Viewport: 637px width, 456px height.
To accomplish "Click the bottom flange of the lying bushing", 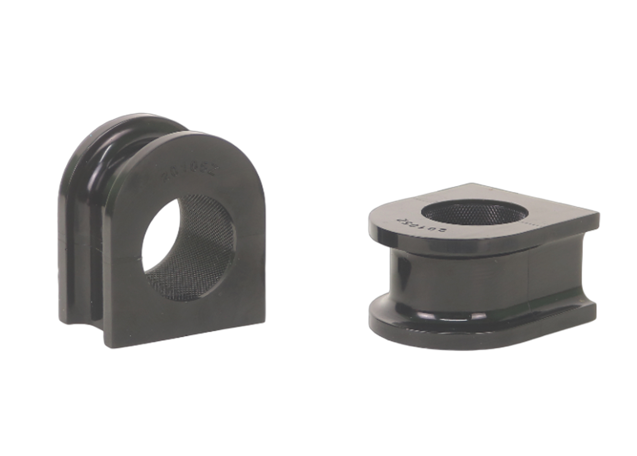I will (477, 334).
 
